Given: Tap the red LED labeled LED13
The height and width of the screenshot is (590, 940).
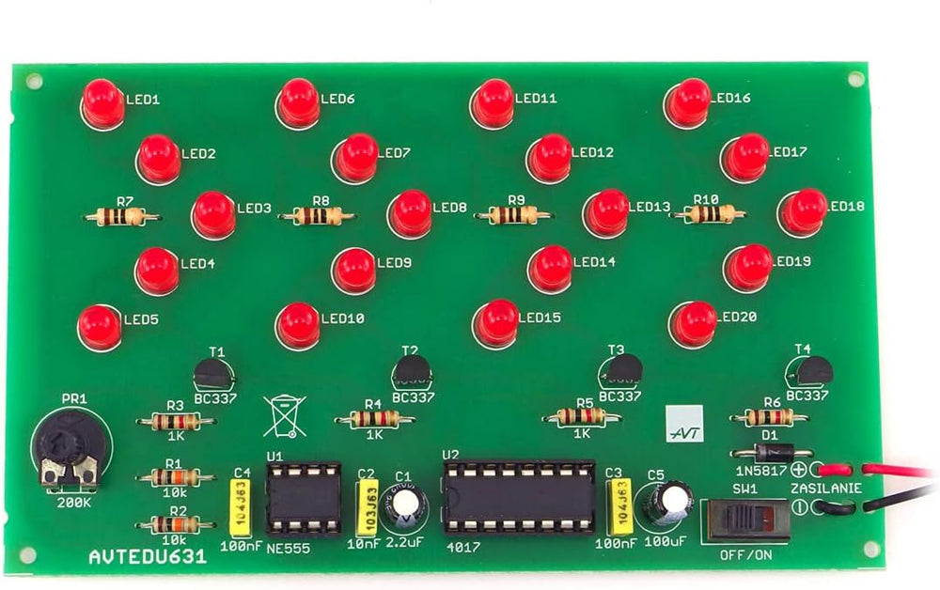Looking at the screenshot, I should pos(604,211).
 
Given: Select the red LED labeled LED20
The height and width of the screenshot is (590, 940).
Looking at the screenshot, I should pos(693,323).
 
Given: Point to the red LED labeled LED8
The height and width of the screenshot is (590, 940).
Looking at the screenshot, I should pos(409,212).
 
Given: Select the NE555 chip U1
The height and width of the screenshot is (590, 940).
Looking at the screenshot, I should pos(303,497).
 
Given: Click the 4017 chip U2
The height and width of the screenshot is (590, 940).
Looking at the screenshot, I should pos(519,498).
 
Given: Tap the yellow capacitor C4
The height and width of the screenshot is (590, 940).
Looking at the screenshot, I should pos(242,507).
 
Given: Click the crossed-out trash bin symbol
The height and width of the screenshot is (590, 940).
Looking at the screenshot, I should pos(285,416).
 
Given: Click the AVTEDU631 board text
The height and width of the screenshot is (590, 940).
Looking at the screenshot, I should pos(148,557).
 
